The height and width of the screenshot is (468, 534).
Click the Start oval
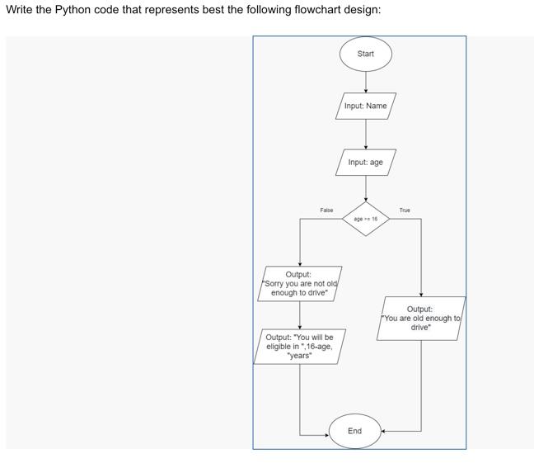(365, 54)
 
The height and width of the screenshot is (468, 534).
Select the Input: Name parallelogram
(365, 106)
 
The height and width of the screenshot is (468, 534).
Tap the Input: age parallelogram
(365, 162)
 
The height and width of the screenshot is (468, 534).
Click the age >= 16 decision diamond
(365, 219)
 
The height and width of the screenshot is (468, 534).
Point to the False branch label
(326, 210)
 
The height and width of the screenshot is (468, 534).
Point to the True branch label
(404, 210)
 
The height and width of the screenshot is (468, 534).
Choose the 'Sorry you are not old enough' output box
(299, 284)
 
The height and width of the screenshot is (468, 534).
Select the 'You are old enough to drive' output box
(421, 319)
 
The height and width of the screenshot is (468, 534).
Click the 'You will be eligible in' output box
(300, 347)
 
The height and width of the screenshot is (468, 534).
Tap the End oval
(354, 431)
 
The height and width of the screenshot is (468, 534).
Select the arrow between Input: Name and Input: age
(365, 134)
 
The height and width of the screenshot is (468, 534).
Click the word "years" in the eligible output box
(299, 356)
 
